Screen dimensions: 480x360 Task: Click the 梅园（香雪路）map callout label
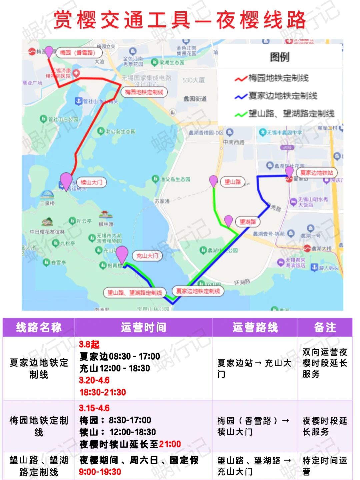click(78, 53)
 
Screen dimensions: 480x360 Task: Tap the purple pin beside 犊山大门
click(66, 180)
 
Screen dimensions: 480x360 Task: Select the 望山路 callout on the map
click(233, 182)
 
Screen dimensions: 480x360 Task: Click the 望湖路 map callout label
click(248, 222)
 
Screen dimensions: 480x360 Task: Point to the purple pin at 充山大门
click(122, 255)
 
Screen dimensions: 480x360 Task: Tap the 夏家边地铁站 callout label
click(317, 172)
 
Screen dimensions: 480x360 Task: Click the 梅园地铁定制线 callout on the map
click(144, 92)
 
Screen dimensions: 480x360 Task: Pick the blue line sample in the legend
click(241, 97)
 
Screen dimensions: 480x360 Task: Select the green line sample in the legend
click(241, 114)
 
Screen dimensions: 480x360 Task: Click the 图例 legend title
click(279, 57)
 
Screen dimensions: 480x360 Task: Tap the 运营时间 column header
click(143, 328)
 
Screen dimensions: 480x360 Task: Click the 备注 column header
click(325, 328)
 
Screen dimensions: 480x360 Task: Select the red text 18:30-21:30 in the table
click(103, 392)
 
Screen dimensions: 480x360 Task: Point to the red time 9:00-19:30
click(100, 472)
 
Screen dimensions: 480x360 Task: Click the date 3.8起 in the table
click(89, 345)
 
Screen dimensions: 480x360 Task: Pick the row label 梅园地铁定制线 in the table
click(39, 426)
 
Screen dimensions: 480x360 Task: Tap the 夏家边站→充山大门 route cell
click(254, 368)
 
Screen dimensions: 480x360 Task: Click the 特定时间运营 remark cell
click(325, 466)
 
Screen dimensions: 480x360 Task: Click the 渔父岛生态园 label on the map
click(175, 179)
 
